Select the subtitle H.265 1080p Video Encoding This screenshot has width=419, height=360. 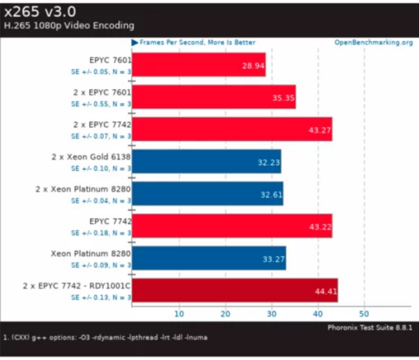point(69,26)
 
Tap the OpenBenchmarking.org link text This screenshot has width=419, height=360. point(373,43)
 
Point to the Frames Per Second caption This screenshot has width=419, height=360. point(197,43)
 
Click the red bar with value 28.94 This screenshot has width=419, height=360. point(198,65)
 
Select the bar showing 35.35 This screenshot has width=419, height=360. point(213,97)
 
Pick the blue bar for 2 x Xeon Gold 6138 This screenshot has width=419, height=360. point(206,161)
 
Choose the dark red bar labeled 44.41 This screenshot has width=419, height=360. point(234,290)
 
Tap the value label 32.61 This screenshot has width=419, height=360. point(271,194)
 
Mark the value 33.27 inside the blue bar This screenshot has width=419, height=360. point(273,259)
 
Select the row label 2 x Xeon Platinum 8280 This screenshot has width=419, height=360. point(83,188)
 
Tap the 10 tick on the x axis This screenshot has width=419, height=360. point(179,313)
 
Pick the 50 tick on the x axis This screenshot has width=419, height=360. point(364,313)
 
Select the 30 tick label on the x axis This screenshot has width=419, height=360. point(272,313)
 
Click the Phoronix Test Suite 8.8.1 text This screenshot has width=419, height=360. point(369,328)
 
